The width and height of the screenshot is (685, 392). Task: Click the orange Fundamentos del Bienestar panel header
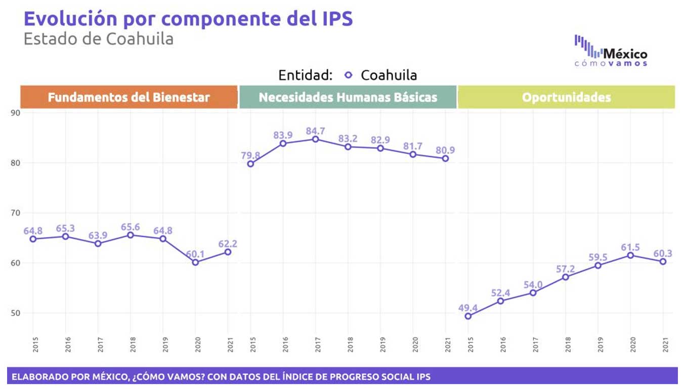click(129, 97)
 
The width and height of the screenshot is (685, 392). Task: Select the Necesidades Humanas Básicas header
click(348, 97)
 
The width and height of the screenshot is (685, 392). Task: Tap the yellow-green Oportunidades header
click(566, 97)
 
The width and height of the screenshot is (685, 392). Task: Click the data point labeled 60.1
click(195, 262)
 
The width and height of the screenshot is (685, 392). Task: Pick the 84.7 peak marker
click(315, 139)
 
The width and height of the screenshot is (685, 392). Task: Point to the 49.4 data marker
click(468, 316)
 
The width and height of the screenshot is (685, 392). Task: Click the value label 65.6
click(131, 227)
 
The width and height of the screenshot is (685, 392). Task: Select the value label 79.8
click(250, 155)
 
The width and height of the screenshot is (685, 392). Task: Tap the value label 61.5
click(630, 247)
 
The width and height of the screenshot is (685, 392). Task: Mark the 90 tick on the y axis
click(15, 113)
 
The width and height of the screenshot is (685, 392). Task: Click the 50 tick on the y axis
click(15, 313)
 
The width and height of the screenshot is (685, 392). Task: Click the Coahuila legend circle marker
click(348, 75)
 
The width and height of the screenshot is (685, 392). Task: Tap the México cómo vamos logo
click(611, 51)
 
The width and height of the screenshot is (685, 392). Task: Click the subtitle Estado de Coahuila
click(99, 39)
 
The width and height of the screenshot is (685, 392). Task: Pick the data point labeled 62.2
click(228, 252)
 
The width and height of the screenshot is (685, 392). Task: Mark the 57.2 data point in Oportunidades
click(566, 277)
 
